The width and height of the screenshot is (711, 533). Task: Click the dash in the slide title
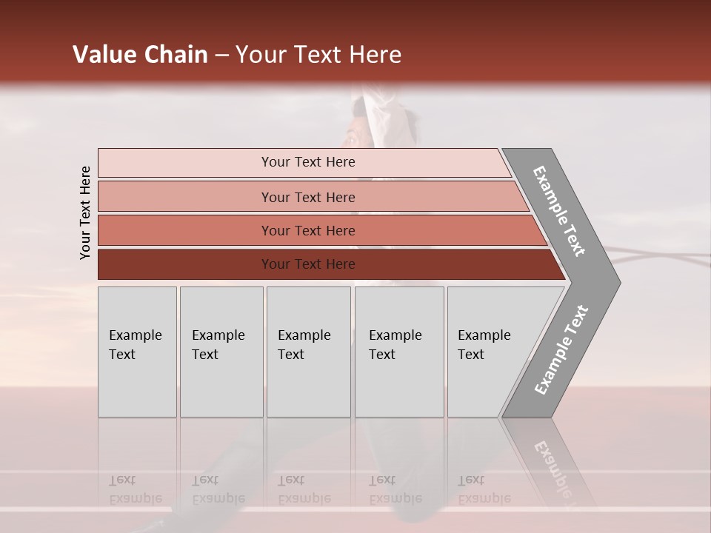(x=222, y=56)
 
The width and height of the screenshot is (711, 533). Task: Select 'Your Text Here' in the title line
(x=318, y=55)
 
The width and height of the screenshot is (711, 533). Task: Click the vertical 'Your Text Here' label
(x=85, y=212)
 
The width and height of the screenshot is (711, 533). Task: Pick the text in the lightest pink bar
(x=308, y=162)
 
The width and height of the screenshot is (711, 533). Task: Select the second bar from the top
(x=308, y=197)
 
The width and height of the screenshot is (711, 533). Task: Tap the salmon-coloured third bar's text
(x=308, y=231)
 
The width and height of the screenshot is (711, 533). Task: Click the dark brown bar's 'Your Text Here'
(x=308, y=264)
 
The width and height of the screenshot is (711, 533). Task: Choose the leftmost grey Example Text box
(x=136, y=345)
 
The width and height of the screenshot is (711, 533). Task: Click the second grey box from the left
(x=220, y=345)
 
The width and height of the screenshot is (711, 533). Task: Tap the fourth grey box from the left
(x=398, y=345)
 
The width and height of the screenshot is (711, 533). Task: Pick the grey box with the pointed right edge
(x=489, y=345)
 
